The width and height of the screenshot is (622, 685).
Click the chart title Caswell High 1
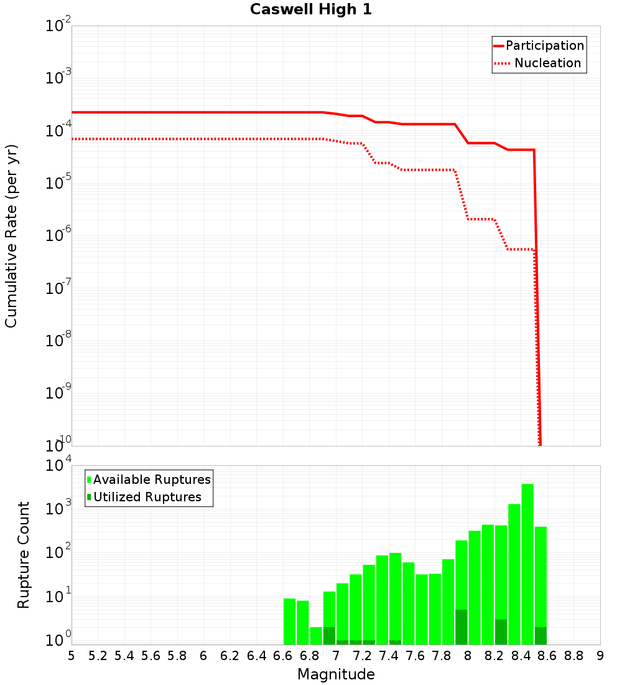pyautogui.click(x=311, y=10)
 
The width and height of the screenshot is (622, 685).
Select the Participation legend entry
pyautogui.click(x=544, y=46)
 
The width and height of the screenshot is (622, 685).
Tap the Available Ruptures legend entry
pyautogui.click(x=152, y=479)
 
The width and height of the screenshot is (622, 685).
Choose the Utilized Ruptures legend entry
pyautogui.click(x=147, y=497)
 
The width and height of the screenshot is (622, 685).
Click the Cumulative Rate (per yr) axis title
pyautogui.click(x=11, y=235)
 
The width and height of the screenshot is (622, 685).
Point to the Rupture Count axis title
pyautogui.click(x=24, y=555)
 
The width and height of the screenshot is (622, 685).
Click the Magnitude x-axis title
pyautogui.click(x=336, y=674)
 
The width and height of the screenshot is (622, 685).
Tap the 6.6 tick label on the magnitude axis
pyautogui.click(x=283, y=656)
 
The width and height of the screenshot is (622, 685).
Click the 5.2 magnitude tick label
pyautogui.click(x=98, y=656)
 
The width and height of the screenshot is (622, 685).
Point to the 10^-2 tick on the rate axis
pyautogui.click(x=57, y=26)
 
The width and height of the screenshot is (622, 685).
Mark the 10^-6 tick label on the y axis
pyautogui.click(x=57, y=236)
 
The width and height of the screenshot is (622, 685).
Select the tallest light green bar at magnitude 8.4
pyautogui.click(x=527, y=560)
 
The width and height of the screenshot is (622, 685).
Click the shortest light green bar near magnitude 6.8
pyautogui.click(x=316, y=635)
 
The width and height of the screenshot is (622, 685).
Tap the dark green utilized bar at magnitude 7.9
pyautogui.click(x=462, y=627)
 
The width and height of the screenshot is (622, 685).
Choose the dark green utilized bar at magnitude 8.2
pyautogui.click(x=501, y=632)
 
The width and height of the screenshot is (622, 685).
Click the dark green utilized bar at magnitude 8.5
pyautogui.click(x=541, y=636)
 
